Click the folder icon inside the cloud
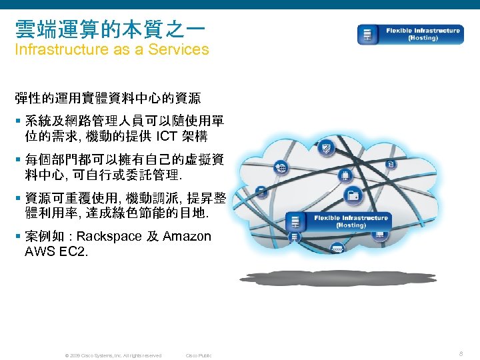pyautogui.click(x=353, y=195)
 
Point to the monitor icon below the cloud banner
pyautogui.click(x=379, y=235)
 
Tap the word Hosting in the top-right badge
pyautogui.click(x=423, y=38)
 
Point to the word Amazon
pyautogui.click(x=187, y=237)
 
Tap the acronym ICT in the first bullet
pyautogui.click(x=168, y=137)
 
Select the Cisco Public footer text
pyautogui.click(x=199, y=355)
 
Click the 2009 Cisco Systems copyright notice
pyautogui.click(x=113, y=355)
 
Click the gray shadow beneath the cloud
pyautogui.click(x=340, y=278)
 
